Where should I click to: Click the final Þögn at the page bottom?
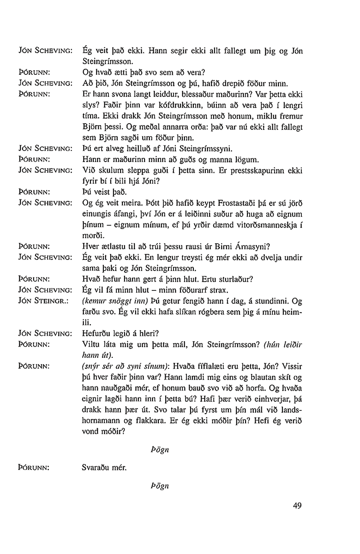[160, 486]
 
